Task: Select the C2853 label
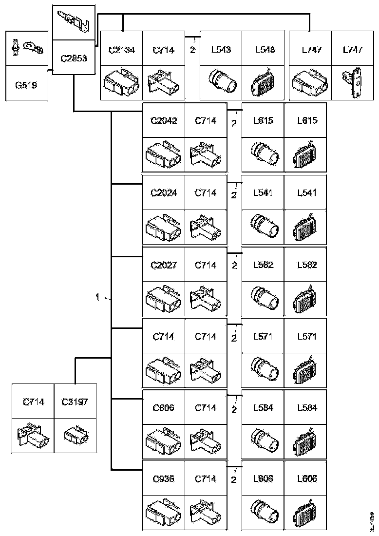(74, 58)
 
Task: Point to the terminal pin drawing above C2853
(74, 22)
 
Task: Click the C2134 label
(121, 49)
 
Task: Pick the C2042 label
(163, 121)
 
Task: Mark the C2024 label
(163, 192)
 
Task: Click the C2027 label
(163, 265)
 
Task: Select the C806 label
(163, 408)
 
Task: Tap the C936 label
(163, 479)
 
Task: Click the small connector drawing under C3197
(75, 433)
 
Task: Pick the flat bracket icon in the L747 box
(352, 81)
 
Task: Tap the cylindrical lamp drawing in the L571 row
(264, 368)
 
